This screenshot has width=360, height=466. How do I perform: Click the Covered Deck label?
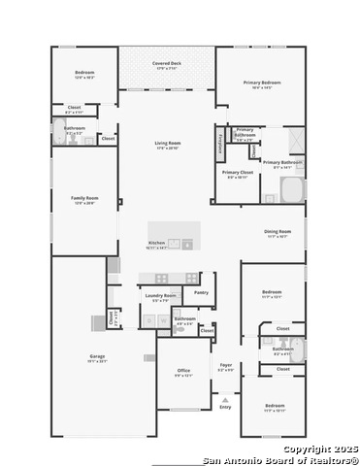pyautogui.click(x=167, y=64)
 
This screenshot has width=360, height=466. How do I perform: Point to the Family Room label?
pyautogui.click(x=84, y=198)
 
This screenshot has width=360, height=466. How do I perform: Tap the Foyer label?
pyautogui.click(x=225, y=367)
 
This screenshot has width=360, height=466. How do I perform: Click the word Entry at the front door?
pyautogui.click(x=225, y=406)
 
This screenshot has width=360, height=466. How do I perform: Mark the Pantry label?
pyautogui.click(x=201, y=291)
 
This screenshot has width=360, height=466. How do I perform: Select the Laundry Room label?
pyautogui.click(x=161, y=295)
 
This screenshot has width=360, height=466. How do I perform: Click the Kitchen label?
pyautogui.click(x=157, y=243)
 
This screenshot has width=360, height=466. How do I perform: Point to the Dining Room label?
pyautogui.click(x=278, y=232)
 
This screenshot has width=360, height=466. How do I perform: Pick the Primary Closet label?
pyautogui.click(x=237, y=173)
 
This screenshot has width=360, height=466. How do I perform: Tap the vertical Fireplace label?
pyautogui.click(x=221, y=143)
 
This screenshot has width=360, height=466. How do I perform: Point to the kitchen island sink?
pyautogui.click(x=175, y=244)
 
